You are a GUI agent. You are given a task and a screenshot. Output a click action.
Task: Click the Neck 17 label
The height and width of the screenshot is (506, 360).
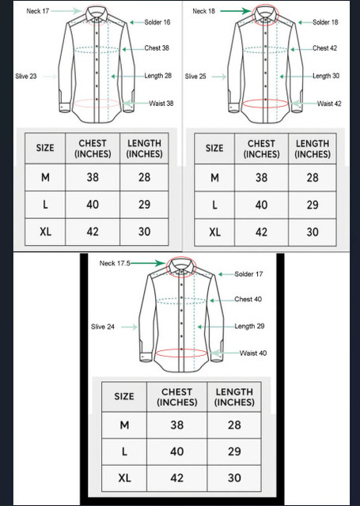[x=38, y=11]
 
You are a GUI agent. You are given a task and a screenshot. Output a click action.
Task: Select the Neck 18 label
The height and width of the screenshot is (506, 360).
[x=203, y=11]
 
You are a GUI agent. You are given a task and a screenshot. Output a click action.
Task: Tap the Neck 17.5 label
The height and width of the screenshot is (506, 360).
[x=115, y=263]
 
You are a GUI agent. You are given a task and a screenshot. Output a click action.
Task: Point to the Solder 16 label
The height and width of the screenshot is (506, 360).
[x=157, y=22]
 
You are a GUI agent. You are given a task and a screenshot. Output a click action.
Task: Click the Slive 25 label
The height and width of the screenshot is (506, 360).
[x=195, y=77]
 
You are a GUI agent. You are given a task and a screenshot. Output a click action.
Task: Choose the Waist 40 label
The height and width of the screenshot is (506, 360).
[x=253, y=353]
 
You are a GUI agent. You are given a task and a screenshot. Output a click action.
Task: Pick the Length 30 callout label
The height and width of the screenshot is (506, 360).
[x=326, y=76]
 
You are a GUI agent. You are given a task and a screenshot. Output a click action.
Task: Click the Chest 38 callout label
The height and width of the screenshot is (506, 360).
[x=157, y=48]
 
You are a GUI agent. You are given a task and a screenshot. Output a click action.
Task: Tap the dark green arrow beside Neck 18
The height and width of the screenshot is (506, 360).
[x=236, y=11]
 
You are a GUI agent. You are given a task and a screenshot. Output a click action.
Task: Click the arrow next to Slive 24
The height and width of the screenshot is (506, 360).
[x=129, y=327]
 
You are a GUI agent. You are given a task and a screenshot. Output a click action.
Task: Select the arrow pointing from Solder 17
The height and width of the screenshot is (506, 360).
[x=226, y=274]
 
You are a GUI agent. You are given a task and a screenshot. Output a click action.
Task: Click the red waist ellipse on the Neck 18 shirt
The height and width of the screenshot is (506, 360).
[x=265, y=104]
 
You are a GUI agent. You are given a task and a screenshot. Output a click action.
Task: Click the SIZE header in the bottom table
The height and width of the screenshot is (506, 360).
[x=124, y=396]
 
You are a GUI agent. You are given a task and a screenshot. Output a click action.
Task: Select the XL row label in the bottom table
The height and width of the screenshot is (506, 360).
[x=124, y=478]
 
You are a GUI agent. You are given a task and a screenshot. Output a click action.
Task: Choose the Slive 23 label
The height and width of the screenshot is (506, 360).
[x=26, y=77]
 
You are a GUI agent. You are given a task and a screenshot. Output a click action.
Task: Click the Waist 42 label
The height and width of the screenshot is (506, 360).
[x=329, y=104]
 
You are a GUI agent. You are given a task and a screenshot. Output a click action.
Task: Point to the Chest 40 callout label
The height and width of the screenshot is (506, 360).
[x=248, y=299]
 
